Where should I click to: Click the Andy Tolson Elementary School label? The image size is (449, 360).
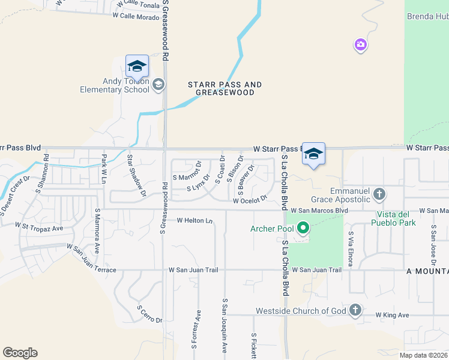(x=115, y=85)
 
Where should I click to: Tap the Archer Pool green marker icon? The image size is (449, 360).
(x=304, y=227)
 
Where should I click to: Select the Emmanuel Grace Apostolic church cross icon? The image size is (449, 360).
(x=378, y=194)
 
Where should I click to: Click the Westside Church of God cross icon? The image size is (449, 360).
(x=355, y=310)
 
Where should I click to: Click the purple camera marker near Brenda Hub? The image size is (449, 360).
(x=360, y=44)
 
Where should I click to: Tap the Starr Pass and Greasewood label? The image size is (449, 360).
(x=225, y=89)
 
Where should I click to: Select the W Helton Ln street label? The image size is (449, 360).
(x=195, y=220)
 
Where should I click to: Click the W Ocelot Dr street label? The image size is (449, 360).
(x=250, y=200)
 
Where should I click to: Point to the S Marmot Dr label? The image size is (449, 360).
(x=186, y=177)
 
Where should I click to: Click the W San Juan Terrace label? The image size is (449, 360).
(x=91, y=259)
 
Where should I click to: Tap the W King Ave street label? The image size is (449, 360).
(x=392, y=315)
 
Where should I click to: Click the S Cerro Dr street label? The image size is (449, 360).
(x=149, y=314)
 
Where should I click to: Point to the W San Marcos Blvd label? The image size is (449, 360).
(x=319, y=211)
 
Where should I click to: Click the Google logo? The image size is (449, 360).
(x=20, y=353)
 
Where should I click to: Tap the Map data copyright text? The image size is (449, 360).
(x=423, y=355)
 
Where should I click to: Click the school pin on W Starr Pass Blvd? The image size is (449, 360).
(x=313, y=155)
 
